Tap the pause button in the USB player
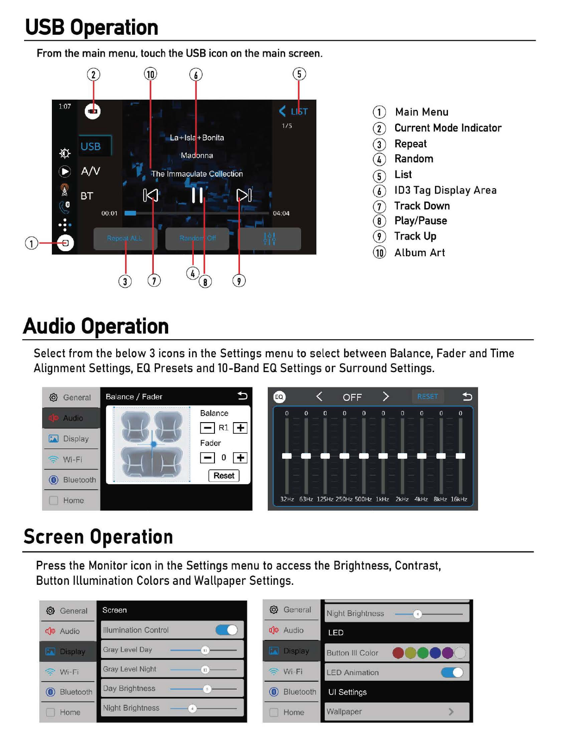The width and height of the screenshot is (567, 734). (197, 195)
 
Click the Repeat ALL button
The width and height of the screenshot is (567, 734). (125, 238)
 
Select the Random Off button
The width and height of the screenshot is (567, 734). (197, 238)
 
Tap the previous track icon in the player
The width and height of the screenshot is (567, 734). (151, 195)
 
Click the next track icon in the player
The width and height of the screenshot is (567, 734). (244, 195)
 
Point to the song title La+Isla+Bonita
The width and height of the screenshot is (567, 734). (197, 138)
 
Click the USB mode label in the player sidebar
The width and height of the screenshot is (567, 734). (91, 146)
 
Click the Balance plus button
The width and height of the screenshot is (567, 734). (240, 428)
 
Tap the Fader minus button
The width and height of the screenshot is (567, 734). (207, 458)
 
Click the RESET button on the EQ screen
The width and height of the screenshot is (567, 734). (427, 397)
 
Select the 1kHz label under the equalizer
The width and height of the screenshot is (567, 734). (382, 499)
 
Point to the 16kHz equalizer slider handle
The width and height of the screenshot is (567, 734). (460, 456)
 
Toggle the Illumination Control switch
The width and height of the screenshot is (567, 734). (227, 630)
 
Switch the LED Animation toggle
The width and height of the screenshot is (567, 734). (452, 672)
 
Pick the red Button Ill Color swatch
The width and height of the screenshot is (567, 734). (398, 653)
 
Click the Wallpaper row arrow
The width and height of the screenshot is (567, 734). (451, 712)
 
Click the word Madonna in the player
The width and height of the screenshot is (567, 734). (197, 155)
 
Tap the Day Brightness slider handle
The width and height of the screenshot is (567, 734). (207, 689)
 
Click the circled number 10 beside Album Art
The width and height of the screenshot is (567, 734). (379, 253)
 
